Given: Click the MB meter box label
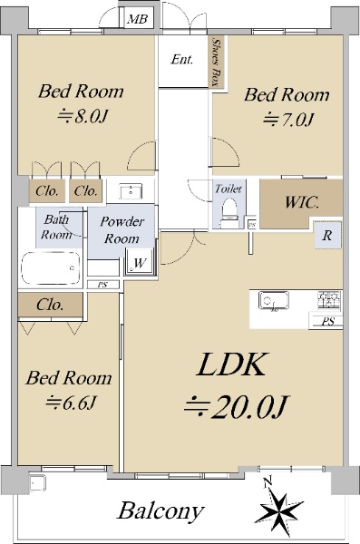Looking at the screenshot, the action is click(138, 19).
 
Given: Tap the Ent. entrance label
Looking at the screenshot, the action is click(182, 59).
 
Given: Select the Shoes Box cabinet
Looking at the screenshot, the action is click(217, 62).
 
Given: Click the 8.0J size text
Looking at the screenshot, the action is click(83, 116).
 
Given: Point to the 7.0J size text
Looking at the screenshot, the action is click(289, 120).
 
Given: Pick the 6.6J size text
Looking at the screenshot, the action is click(71, 402).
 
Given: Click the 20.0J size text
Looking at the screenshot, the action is click(236, 405).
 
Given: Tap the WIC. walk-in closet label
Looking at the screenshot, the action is click(302, 202).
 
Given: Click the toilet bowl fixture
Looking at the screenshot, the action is click(229, 212).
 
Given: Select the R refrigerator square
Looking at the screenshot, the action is click(327, 236).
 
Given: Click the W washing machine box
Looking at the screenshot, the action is click(139, 262).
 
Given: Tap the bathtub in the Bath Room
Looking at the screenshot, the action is click(51, 267).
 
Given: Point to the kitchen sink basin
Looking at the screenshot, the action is click(274, 300).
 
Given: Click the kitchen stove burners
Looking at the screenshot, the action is click(328, 300).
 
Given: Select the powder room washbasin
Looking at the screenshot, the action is click(131, 191).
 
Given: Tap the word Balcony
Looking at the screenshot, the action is click(161, 511).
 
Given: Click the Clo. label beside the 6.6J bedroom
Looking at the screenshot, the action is click(51, 305).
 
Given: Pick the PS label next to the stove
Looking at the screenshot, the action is click(327, 322).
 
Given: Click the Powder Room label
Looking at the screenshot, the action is click(122, 230).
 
